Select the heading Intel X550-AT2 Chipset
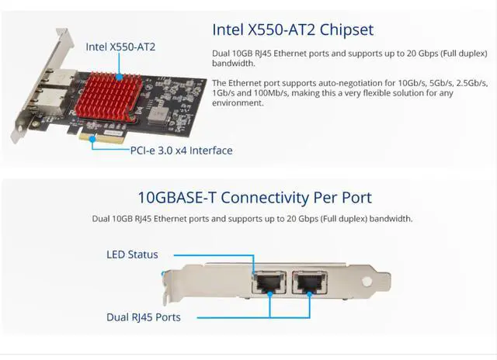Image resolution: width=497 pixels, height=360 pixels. pos(293,30)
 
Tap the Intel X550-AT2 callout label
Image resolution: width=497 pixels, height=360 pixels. pos(120,47)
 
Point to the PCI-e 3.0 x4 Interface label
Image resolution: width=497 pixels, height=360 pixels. pos(180,151)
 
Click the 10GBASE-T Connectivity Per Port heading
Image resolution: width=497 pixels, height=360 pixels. pos(253,197)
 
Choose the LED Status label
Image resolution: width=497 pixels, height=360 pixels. pos(132,254)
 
